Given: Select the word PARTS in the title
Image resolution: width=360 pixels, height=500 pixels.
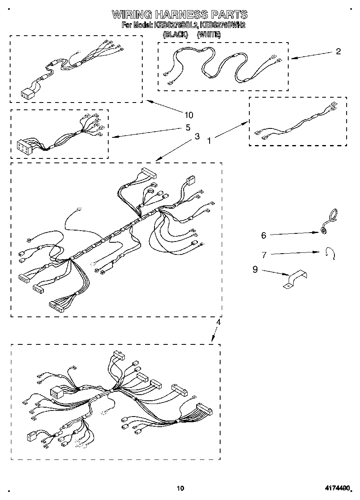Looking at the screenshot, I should click(x=229, y=15).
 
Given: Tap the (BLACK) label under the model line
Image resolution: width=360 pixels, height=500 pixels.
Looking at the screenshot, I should click(x=176, y=35).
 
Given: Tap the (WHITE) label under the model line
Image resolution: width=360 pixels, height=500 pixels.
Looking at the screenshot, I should click(x=209, y=35).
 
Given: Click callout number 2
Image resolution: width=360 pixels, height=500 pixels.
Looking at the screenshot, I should click(x=338, y=51).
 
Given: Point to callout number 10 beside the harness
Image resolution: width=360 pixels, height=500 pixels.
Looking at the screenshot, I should click(x=189, y=115).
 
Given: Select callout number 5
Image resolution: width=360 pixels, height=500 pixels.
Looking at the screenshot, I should click(x=188, y=128).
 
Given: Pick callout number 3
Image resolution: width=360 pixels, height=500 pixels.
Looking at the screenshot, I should click(x=197, y=137).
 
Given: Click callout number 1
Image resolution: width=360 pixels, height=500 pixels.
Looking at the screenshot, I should click(x=209, y=141).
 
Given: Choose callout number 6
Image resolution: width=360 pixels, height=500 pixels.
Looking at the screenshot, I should click(x=264, y=235).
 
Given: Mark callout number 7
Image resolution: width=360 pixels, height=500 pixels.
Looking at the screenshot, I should click(x=264, y=255).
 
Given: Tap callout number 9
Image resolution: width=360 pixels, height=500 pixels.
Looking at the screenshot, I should click(x=255, y=269).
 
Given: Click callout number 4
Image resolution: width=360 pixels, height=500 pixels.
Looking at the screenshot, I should click(x=218, y=323).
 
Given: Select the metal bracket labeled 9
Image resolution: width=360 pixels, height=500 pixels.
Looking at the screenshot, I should click(x=295, y=280).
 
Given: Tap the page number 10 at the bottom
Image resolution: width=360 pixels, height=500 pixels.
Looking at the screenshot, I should click(x=180, y=488).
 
